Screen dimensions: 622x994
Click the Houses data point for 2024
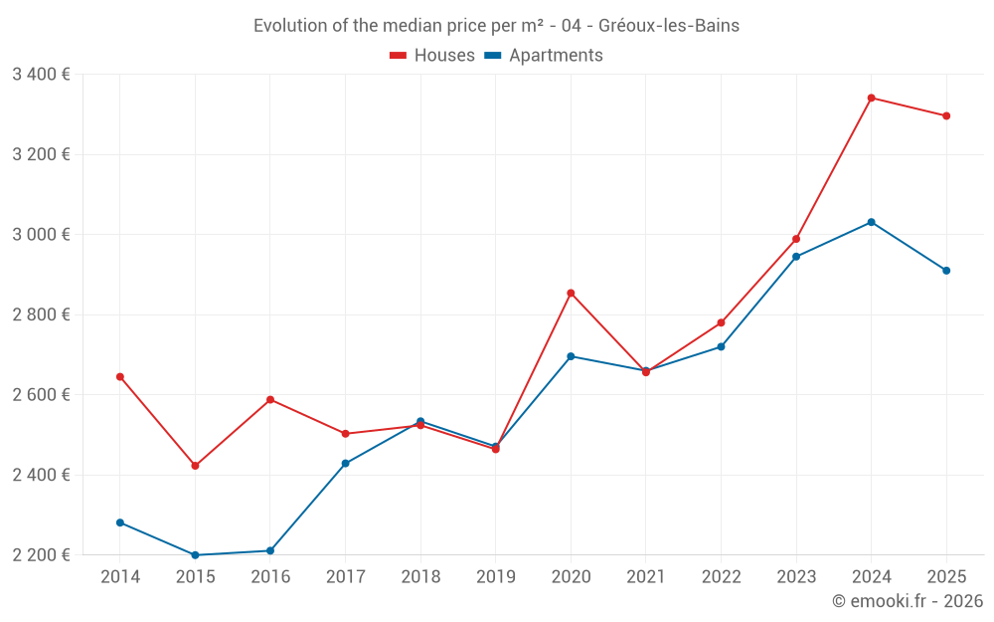click(x=871, y=98)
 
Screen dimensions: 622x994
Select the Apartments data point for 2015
click(x=195, y=555)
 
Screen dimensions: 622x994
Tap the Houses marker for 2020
click(x=571, y=293)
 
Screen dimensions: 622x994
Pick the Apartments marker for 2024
click(x=871, y=222)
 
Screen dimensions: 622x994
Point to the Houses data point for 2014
click(x=120, y=376)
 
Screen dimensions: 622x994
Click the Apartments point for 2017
click(x=345, y=464)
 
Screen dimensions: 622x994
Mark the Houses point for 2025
click(x=946, y=115)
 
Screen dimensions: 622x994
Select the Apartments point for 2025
click(x=946, y=271)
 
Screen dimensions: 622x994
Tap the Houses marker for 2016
click(x=270, y=400)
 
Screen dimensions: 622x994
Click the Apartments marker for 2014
click(x=120, y=522)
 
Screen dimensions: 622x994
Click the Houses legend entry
click(x=432, y=56)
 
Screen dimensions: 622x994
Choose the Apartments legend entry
click(x=544, y=56)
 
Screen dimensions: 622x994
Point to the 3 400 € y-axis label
click(x=41, y=75)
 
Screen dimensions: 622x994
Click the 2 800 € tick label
click(x=41, y=314)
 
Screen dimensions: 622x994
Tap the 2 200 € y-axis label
click(x=41, y=555)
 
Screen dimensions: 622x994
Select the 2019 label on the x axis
click(x=495, y=577)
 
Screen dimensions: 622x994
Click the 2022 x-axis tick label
click(x=721, y=577)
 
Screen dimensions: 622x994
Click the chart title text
click(x=496, y=26)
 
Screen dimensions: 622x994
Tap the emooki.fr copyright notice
click(x=908, y=601)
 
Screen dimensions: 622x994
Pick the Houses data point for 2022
click(x=721, y=322)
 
